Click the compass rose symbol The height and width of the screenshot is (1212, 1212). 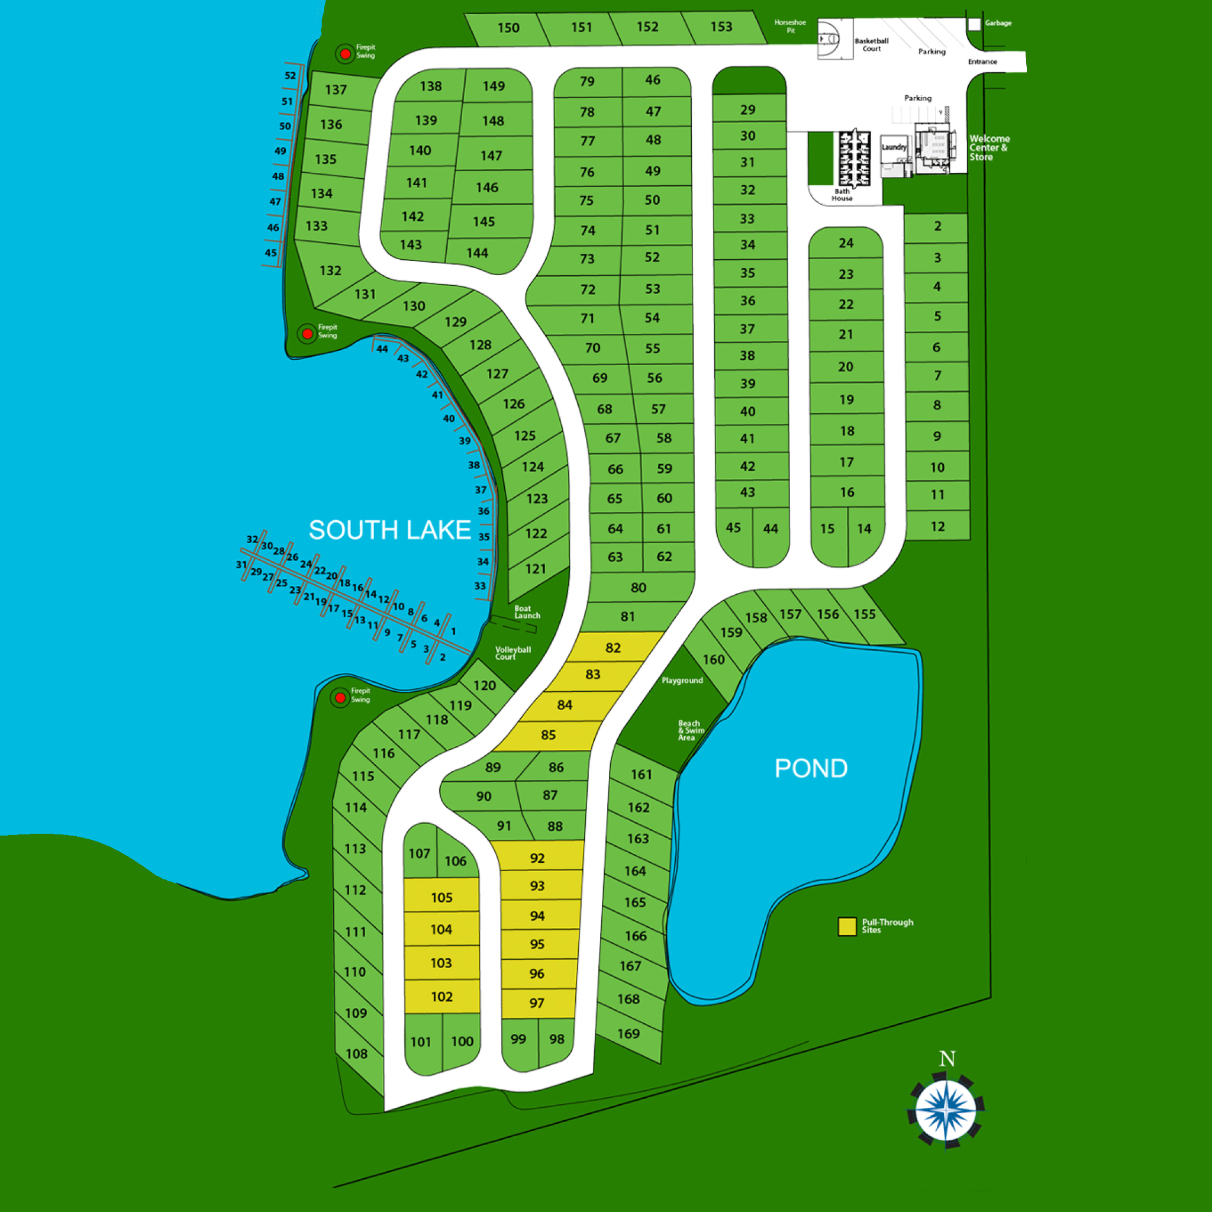pos(946,1111)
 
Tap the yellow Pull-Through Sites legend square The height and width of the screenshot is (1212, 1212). pos(847,927)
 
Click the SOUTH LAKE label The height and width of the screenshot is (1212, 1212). pos(389,530)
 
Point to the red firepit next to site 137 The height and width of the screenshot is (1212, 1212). pos(345,54)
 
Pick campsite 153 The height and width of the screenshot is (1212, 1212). pos(721,27)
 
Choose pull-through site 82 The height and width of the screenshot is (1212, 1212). pos(613,647)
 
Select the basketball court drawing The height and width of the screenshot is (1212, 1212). pos(834,39)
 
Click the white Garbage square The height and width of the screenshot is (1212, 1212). pos(974,24)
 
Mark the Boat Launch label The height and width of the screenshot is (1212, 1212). pos(527,612)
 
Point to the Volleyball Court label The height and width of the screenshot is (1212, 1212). pos(512,653)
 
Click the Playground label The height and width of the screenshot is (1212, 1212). pos(682,681)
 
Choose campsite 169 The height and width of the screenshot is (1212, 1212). pos(628,1034)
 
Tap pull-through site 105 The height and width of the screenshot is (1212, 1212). pos(441,898)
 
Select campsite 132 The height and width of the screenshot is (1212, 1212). pos(331,270)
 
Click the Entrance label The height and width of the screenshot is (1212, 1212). pos(982,62)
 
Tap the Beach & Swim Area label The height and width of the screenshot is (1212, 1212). pos(691,730)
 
